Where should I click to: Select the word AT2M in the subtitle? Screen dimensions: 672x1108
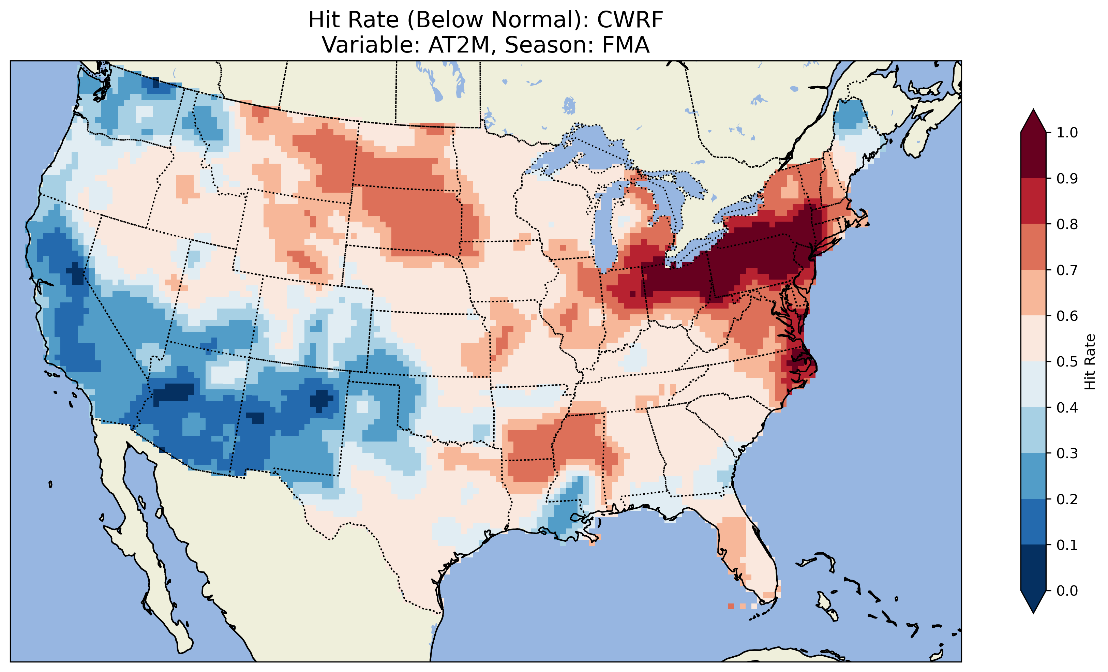coord(459,45)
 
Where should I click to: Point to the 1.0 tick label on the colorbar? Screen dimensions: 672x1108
coord(1067,133)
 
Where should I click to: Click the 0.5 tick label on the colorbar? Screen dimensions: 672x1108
coord(1067,362)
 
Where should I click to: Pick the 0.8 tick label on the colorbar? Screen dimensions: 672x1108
coord(1067,224)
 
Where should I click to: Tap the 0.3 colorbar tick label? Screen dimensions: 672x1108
coord(1067,453)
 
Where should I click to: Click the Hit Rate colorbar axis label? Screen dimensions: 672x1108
coord(1090,362)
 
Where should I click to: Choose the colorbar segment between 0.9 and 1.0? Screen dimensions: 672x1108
coord(1033,155)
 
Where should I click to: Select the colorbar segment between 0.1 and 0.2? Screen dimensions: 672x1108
coord(1033,522)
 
